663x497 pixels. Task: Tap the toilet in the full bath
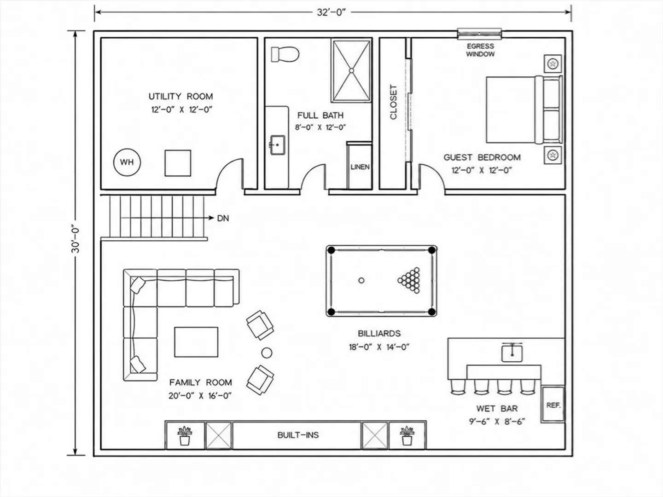pos(285,54)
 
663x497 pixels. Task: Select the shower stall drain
pos(351,70)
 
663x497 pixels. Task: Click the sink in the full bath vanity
pos(277,145)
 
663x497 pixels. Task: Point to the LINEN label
pos(360,167)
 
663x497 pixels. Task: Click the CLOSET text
pos(393,102)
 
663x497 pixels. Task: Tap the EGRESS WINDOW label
pos(480,50)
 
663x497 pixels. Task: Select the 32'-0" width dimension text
pos(331,12)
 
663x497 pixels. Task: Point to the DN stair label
pos(223,218)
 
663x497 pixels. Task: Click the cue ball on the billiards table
pos(361,280)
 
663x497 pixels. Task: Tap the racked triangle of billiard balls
pos(409,280)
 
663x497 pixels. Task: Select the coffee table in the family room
pos(196,342)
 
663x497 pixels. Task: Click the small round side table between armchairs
pos(267,353)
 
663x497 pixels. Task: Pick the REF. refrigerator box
pos(553,405)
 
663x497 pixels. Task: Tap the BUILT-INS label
pos(298,435)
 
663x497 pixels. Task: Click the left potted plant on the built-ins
pos(185,436)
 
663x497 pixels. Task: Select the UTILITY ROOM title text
pos(180,97)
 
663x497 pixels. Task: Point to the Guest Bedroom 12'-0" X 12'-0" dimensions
pos(482,170)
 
